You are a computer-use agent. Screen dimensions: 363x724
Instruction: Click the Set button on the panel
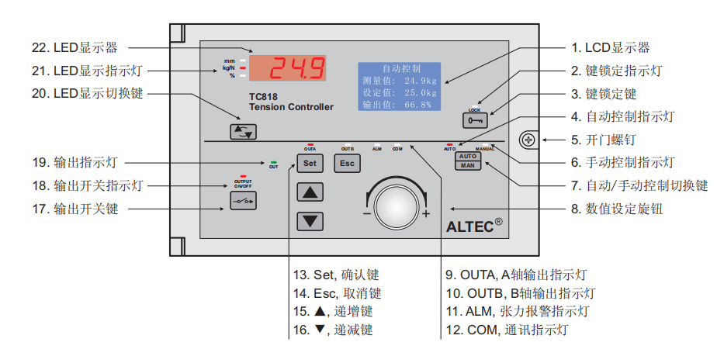click(310, 163)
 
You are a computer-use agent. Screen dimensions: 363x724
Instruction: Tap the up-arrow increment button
click(310, 192)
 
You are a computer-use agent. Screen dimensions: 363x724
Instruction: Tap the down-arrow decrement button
click(310, 220)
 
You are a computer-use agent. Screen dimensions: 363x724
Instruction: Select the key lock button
click(474, 120)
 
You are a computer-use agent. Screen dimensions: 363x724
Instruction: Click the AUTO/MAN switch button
click(468, 161)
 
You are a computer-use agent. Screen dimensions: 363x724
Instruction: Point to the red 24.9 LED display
click(287, 69)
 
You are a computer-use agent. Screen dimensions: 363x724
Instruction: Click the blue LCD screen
click(399, 86)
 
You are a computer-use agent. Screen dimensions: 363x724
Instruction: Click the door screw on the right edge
click(528, 140)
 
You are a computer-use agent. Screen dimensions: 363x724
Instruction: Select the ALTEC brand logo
click(474, 227)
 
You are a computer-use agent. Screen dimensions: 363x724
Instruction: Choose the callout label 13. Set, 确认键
click(336, 275)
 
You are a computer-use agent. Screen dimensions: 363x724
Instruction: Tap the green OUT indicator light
click(273, 162)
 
